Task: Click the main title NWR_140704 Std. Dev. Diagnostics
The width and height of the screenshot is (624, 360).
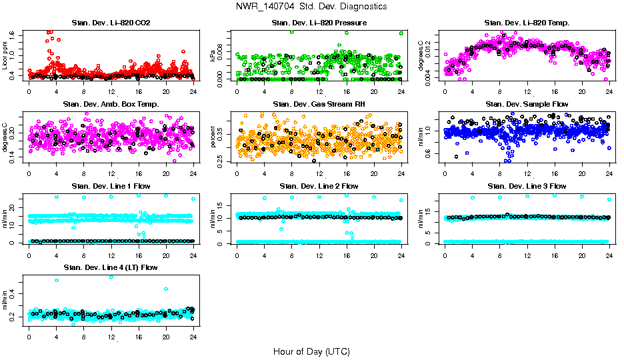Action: (311, 6)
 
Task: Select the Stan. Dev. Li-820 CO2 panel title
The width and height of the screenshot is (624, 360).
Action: (111, 23)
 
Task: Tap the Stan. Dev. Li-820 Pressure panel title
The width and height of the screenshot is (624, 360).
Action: (319, 23)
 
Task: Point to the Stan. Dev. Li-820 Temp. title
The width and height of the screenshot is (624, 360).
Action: (527, 23)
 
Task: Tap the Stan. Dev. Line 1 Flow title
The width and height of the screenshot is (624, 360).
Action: (111, 186)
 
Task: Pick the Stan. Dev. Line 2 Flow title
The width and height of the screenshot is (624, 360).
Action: (319, 186)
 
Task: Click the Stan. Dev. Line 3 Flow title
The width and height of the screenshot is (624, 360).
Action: (527, 186)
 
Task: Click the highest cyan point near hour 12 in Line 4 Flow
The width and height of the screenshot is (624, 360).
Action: (111, 277)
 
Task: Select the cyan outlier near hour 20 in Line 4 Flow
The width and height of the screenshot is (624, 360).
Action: (165, 289)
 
